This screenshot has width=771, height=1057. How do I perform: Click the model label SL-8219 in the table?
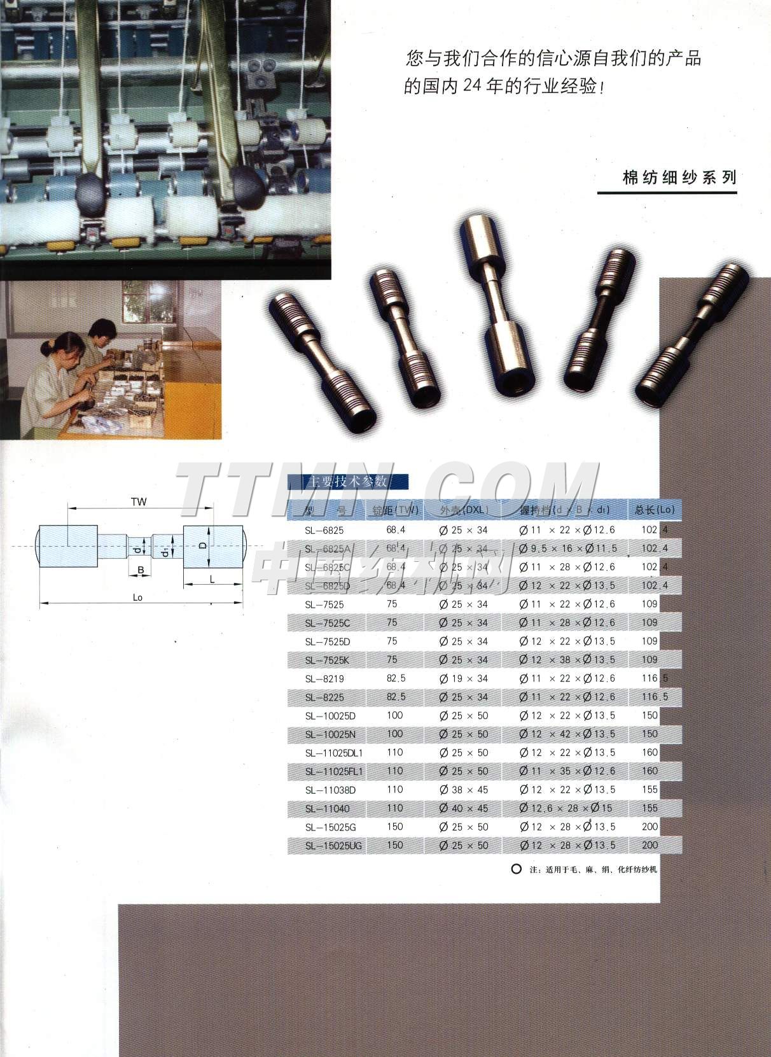tap(324, 679)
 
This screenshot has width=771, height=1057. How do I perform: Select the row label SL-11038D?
tap(330, 790)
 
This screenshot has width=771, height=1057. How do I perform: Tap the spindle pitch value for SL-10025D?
tap(395, 716)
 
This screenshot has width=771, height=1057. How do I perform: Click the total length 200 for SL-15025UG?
tap(650, 845)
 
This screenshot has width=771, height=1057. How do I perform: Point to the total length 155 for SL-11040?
tap(650, 808)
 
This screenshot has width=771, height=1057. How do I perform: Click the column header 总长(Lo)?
tap(655, 510)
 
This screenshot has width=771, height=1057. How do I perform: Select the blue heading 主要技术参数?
tap(347, 482)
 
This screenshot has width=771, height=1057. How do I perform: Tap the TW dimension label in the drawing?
tap(139, 502)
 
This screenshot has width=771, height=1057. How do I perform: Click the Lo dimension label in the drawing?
tap(137, 598)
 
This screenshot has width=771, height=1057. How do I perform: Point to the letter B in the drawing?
tap(141, 570)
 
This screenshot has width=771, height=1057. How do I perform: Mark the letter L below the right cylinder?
tap(212, 579)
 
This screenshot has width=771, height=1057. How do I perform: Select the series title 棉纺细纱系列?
tap(679, 178)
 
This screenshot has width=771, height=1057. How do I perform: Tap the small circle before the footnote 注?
tap(517, 869)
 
